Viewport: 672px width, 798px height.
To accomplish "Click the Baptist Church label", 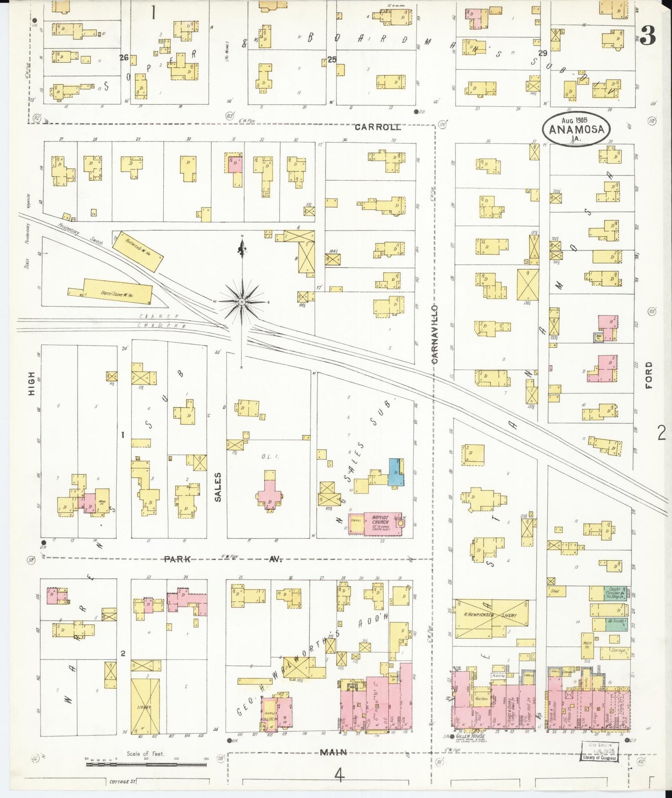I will click(379, 521).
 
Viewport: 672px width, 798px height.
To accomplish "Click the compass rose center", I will click(242, 302).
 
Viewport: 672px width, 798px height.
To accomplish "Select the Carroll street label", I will click(378, 127).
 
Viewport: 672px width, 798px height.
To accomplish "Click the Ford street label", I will click(649, 375).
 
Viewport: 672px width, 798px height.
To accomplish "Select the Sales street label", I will click(218, 487).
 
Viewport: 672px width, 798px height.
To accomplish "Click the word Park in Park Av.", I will click(177, 559).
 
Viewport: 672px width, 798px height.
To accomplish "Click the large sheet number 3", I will click(647, 35).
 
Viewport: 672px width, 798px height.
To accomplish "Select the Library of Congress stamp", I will click(599, 751).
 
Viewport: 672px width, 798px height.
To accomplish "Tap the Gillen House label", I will click(470, 737).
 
